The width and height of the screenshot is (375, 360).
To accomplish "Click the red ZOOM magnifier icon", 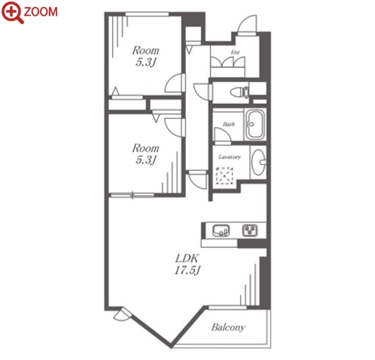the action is point(12,11).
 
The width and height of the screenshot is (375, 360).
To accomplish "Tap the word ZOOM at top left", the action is point(41,12).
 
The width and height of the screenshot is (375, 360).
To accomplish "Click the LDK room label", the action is point(187,258).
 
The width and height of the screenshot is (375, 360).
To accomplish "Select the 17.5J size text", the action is point(187,270).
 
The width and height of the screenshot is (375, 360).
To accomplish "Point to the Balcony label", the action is point(228,328).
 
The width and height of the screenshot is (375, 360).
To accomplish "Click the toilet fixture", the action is point(239,92).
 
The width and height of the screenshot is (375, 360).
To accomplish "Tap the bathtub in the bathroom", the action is point(255,124).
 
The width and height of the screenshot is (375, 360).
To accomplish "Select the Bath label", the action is point(229,124).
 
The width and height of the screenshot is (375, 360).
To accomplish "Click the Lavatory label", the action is point(230,157).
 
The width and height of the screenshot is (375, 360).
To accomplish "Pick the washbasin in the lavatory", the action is point(258,162).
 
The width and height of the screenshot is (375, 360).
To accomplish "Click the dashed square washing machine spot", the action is point(224,176).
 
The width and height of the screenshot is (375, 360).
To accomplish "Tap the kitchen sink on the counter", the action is point(221,230).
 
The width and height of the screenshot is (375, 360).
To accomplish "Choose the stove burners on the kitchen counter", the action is point(250,230).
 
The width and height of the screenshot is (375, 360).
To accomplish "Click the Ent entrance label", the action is point(235,53).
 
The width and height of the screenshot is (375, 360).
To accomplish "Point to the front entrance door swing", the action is point(248,24).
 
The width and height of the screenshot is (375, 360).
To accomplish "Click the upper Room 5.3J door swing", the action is point(175,83).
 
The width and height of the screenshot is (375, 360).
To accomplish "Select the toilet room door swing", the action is point(203,92).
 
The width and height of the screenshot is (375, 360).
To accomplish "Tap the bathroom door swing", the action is point(222,135).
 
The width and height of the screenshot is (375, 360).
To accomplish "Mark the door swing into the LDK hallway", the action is point(198,180).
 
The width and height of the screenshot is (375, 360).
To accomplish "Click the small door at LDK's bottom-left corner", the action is point(122,314).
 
